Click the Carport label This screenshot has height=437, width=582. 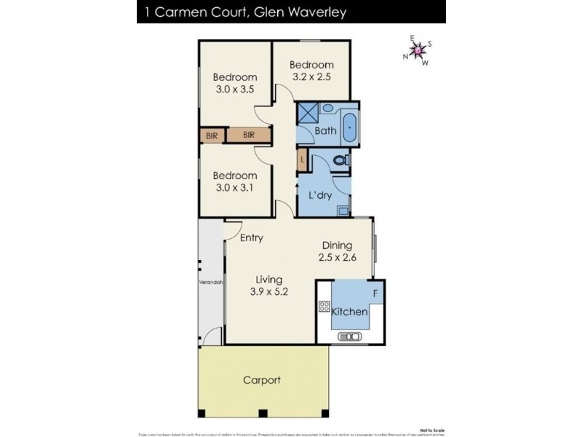pos(262,380)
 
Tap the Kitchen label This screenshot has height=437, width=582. pos(350,312)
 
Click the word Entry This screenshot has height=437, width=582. pos(252,238)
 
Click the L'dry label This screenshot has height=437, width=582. pos(322,196)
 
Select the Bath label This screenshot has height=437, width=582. pos(325,131)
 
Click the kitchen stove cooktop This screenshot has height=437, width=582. pos(324,307)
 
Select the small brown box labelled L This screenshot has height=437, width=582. pos(302,159)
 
